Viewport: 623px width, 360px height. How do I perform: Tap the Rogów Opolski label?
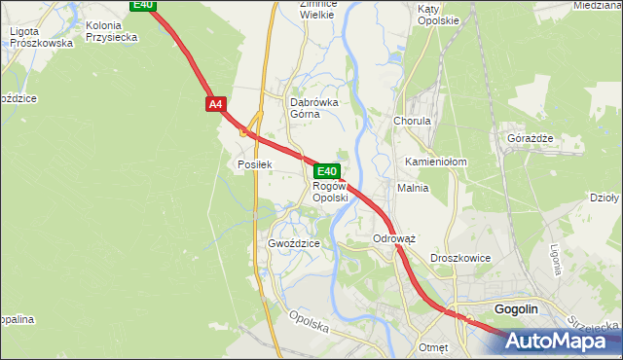coord(330,192)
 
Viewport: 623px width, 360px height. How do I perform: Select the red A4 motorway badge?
coord(215,103)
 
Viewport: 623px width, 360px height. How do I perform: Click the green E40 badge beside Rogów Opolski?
coord(327,170)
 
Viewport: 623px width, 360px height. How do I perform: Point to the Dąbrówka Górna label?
coord(312,107)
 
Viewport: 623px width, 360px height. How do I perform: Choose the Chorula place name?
coord(412,122)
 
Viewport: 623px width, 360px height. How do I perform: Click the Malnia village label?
coord(413,188)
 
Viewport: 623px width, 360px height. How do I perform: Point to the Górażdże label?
coord(531,138)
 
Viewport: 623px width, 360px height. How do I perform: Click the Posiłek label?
coord(253,165)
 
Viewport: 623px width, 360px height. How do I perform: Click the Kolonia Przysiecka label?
coord(111,31)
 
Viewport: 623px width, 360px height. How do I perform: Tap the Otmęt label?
coord(433,347)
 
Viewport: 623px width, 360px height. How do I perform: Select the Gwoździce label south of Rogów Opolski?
coord(293,243)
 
